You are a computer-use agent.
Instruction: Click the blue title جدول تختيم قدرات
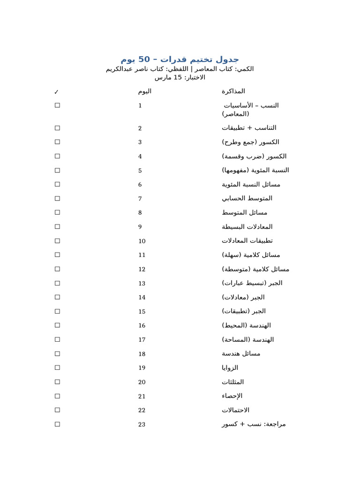pos(180,59)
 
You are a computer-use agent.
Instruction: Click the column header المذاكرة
pos(233,91)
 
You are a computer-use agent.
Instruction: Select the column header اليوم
pos(144,91)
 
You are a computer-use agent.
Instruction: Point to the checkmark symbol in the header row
pos(57,92)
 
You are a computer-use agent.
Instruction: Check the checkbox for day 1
pos(57,105)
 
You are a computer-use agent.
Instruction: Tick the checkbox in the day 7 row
pos(57,198)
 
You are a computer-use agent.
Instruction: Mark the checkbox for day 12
pos(57,269)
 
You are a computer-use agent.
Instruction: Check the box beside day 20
pos(57,382)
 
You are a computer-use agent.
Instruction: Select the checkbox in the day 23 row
pos(57,424)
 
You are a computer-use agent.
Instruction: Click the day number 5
pos(140,171)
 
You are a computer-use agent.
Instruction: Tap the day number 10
pos(142,241)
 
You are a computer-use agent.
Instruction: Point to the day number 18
pos(142,354)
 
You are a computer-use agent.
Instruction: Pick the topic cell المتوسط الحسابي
pos(247,198)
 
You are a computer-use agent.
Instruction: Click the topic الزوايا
pos(230,367)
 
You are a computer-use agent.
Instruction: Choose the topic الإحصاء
pos(232,396)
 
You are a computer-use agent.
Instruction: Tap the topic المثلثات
pos(232,382)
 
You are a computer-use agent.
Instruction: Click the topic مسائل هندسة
pos(241,353)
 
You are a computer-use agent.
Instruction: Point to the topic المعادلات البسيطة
pos(247,226)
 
